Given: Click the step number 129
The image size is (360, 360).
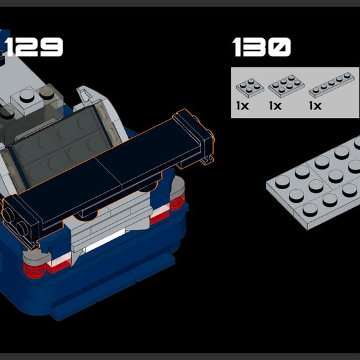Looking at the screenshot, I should (x=34, y=47).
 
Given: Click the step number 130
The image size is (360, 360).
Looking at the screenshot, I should (x=261, y=47).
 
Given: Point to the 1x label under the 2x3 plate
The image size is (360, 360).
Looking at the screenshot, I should (x=275, y=105).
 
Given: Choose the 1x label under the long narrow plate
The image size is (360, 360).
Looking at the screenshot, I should (x=315, y=105).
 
